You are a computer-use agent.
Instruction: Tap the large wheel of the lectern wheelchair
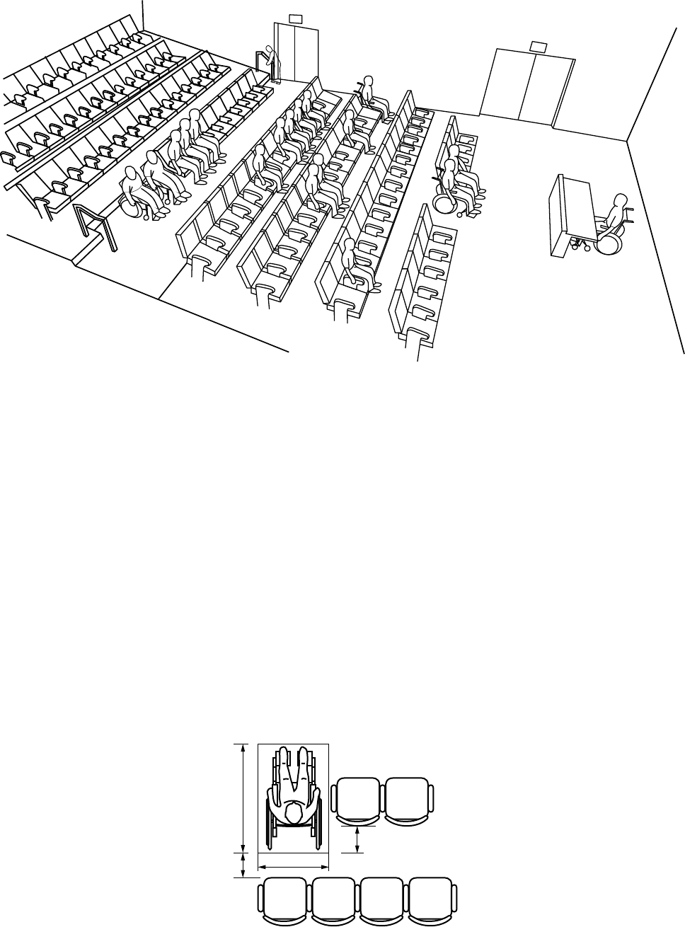pyautogui.click(x=609, y=241)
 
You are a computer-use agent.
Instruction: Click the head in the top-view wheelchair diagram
pyautogui.click(x=294, y=811)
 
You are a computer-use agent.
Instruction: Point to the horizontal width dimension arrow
pyautogui.click(x=292, y=865)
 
